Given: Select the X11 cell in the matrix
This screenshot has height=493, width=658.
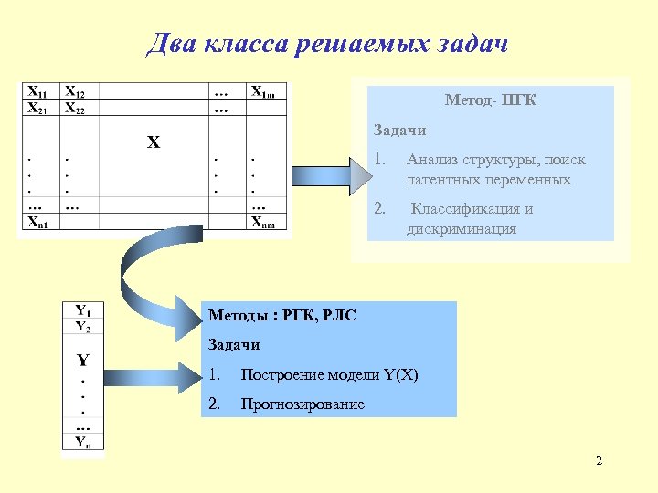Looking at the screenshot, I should pyautogui.click(x=38, y=91).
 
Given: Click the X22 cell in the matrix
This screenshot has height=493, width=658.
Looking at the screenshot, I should pyautogui.click(x=75, y=108).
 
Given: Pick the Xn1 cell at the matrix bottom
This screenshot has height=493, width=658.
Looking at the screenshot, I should pyautogui.click(x=38, y=222).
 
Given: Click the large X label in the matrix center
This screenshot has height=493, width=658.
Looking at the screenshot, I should pyautogui.click(x=154, y=142).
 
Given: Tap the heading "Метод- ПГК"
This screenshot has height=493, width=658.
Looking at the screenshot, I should pyautogui.click(x=490, y=100).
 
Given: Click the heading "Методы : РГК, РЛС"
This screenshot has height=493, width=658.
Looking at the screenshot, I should pyautogui.click(x=282, y=316).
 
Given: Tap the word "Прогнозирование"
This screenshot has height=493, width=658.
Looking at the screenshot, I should pyautogui.click(x=302, y=404).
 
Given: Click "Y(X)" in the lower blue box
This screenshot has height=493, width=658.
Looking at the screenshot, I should pyautogui.click(x=400, y=374).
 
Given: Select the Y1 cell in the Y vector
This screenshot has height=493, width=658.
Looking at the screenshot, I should pyautogui.click(x=82, y=309).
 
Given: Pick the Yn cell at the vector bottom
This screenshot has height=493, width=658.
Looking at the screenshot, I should pyautogui.click(x=82, y=443).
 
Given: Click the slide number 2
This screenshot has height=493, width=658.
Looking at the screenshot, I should pyautogui.click(x=599, y=460).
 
